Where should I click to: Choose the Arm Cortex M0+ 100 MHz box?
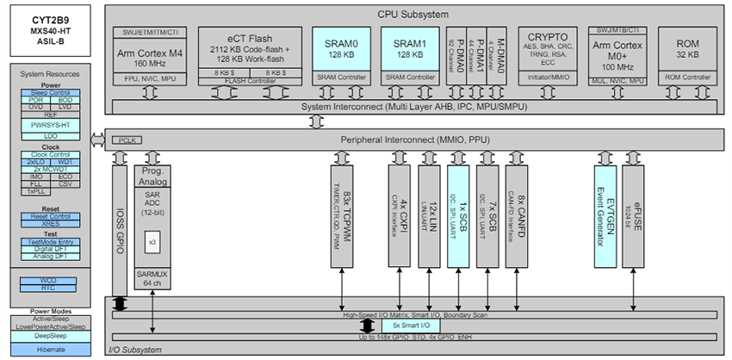coord(619,59)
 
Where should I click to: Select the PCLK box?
coord(126,139)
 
